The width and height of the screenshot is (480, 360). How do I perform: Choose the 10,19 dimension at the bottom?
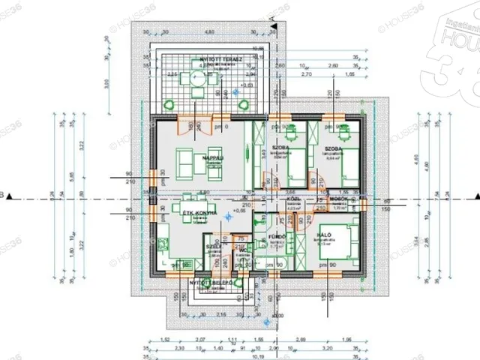click(x=258, y=355)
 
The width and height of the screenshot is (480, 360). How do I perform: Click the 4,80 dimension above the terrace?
click(x=211, y=31)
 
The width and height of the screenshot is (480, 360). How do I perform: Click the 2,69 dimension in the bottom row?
click(x=301, y=340)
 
